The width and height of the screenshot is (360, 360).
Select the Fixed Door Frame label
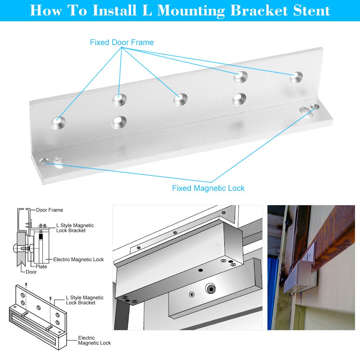tap(122, 42)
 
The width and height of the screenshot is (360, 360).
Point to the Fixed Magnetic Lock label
tap(208, 188)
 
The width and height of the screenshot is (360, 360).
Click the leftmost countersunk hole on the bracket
tap(58, 122)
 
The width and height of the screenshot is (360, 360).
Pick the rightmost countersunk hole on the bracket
tap(296, 76)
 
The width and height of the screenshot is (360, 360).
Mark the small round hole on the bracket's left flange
tap(45, 160)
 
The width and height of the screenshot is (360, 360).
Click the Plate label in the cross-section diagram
tap(41, 267)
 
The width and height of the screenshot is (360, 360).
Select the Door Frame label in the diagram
tap(49, 210)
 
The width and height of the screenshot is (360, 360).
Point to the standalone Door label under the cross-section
tap(31, 272)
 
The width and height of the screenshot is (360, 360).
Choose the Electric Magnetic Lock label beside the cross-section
tap(78, 260)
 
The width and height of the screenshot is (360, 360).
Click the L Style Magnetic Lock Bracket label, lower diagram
tap(85, 300)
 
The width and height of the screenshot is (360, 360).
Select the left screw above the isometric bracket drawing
tap(26, 285)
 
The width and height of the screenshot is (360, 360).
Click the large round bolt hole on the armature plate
tap(210, 288)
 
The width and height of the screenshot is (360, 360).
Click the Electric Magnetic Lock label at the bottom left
tap(94, 340)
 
